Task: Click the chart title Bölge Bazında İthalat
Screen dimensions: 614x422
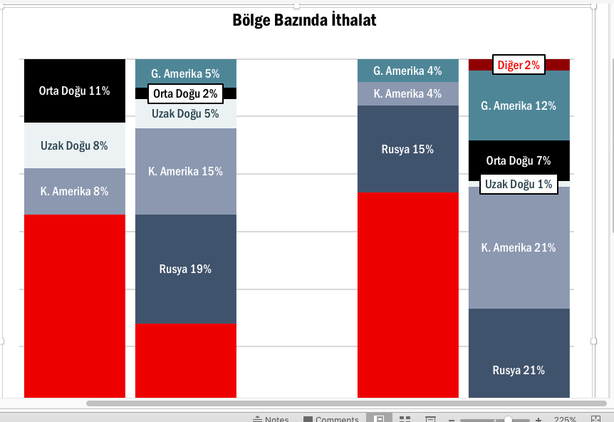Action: click(x=304, y=20)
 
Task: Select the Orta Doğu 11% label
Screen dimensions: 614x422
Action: click(x=74, y=91)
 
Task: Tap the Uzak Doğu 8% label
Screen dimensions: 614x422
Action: click(x=74, y=145)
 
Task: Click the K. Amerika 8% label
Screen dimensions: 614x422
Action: click(x=74, y=191)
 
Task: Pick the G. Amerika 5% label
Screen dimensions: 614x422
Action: click(x=186, y=73)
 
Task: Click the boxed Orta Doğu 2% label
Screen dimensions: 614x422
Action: click(x=186, y=93)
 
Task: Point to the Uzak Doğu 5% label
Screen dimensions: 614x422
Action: click(x=186, y=113)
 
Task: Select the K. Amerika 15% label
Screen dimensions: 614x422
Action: click(x=186, y=171)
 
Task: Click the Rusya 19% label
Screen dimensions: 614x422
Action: click(x=186, y=269)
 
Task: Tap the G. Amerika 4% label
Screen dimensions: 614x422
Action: click(x=407, y=71)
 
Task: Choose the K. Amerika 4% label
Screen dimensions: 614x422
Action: click(x=407, y=93)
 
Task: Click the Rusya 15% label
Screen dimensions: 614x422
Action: click(x=407, y=149)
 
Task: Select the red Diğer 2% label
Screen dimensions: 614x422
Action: click(x=519, y=65)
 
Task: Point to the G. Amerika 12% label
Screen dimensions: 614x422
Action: click(x=519, y=105)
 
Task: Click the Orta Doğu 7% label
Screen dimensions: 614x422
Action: click(x=519, y=160)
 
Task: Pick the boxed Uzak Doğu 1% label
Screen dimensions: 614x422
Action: click(x=519, y=184)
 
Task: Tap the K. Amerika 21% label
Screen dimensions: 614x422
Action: click(x=519, y=247)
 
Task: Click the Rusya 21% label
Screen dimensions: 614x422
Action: click(x=519, y=370)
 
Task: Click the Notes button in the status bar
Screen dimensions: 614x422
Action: click(x=271, y=419)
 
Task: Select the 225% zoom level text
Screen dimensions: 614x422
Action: click(x=565, y=419)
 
